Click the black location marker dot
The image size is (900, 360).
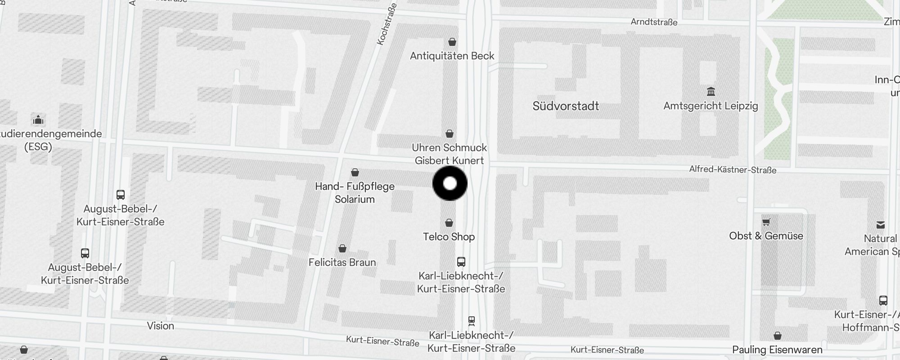point(450,184)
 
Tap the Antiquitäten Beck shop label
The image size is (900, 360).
point(452,56)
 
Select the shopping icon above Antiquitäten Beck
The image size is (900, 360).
point(452,42)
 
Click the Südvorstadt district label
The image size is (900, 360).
point(566,106)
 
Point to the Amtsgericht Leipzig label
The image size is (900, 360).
point(711,106)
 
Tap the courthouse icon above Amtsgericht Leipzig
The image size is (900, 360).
point(711,92)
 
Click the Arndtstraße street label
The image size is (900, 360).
point(654,22)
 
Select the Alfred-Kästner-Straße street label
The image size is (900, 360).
point(733,170)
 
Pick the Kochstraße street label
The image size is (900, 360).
point(387,24)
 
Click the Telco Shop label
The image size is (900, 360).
point(449,237)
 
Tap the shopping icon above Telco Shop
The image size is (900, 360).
point(449,223)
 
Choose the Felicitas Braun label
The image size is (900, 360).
point(342,262)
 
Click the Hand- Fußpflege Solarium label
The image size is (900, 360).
point(355,193)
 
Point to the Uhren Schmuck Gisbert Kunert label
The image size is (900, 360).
point(449,154)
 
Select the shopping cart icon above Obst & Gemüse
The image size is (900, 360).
point(766,222)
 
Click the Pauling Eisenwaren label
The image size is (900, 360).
point(777,350)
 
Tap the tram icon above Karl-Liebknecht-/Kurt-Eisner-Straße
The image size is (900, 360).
point(471,321)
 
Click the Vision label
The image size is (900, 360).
point(160,326)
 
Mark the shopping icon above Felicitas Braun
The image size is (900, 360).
point(342,248)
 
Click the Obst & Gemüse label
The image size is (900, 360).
point(766,236)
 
